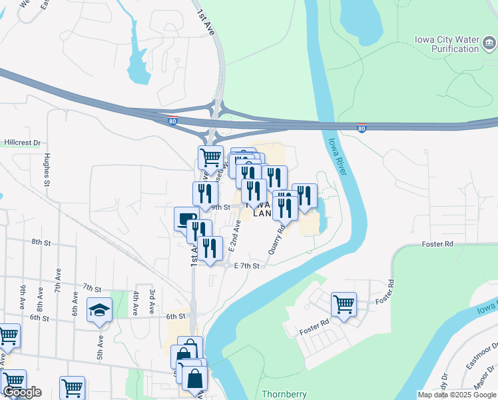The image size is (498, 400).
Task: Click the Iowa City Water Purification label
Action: [x=446, y=44]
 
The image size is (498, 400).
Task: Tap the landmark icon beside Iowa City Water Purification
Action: [x=489, y=44]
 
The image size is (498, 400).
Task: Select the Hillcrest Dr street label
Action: [x=22, y=143]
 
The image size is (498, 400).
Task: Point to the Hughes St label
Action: [x=46, y=170]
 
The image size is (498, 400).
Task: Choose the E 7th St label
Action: [x=246, y=265]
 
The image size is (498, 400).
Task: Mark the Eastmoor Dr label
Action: [x=483, y=354]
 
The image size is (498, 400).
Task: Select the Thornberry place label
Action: [x=283, y=395]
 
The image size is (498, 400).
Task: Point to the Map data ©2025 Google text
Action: [x=457, y=395]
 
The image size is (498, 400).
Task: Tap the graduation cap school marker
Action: [x=100, y=310]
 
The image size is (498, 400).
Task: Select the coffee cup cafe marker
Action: [x=186, y=219]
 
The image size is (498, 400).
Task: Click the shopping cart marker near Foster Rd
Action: [x=344, y=305]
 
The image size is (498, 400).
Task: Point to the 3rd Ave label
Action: [x=152, y=298]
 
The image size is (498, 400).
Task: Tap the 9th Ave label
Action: [x=24, y=294]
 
